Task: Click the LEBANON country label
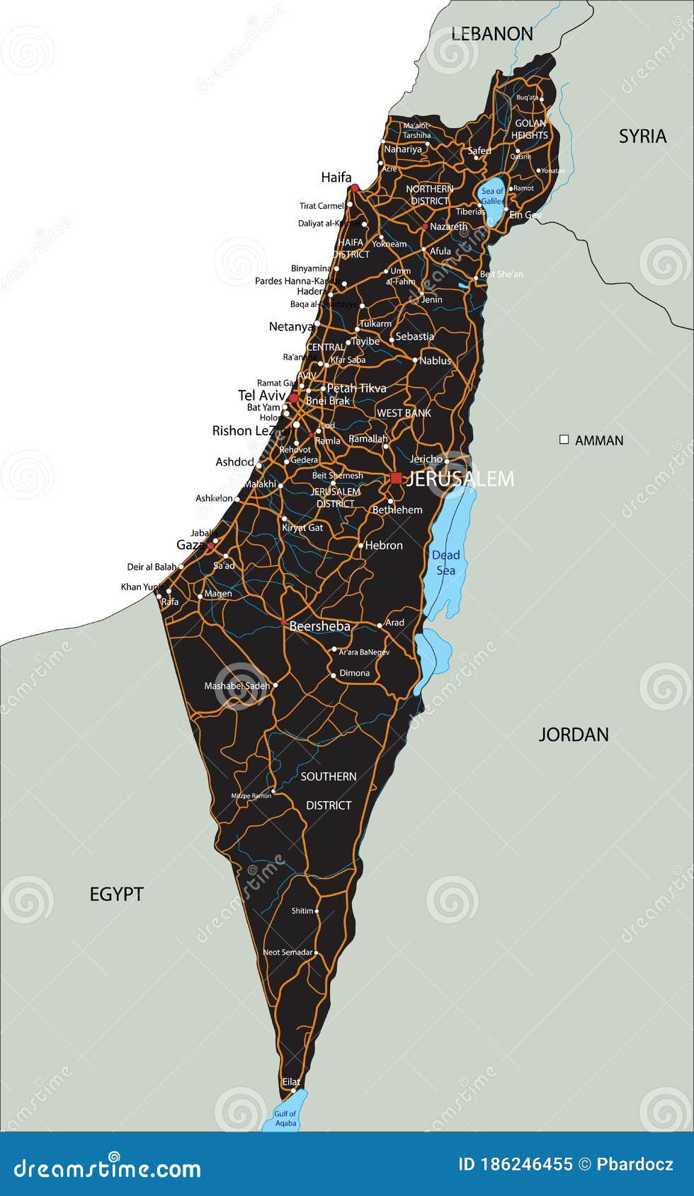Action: tap(491, 33)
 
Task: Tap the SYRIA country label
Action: tap(642, 136)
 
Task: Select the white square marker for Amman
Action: tap(564, 439)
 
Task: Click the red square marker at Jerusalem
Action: tap(396, 478)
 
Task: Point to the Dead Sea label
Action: tap(446, 563)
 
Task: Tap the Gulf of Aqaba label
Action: tap(285, 1118)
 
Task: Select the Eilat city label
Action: tap(291, 1081)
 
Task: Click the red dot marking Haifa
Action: tap(355, 188)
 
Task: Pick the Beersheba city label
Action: tap(319, 626)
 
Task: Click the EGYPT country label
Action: tap(116, 894)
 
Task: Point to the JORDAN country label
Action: tap(574, 734)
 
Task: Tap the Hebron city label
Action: tap(384, 545)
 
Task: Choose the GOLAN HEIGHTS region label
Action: tap(530, 129)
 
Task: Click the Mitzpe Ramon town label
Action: tap(251, 795)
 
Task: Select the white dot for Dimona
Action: tap(334, 675)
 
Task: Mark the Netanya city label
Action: tap(291, 326)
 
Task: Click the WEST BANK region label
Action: tap(404, 413)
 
